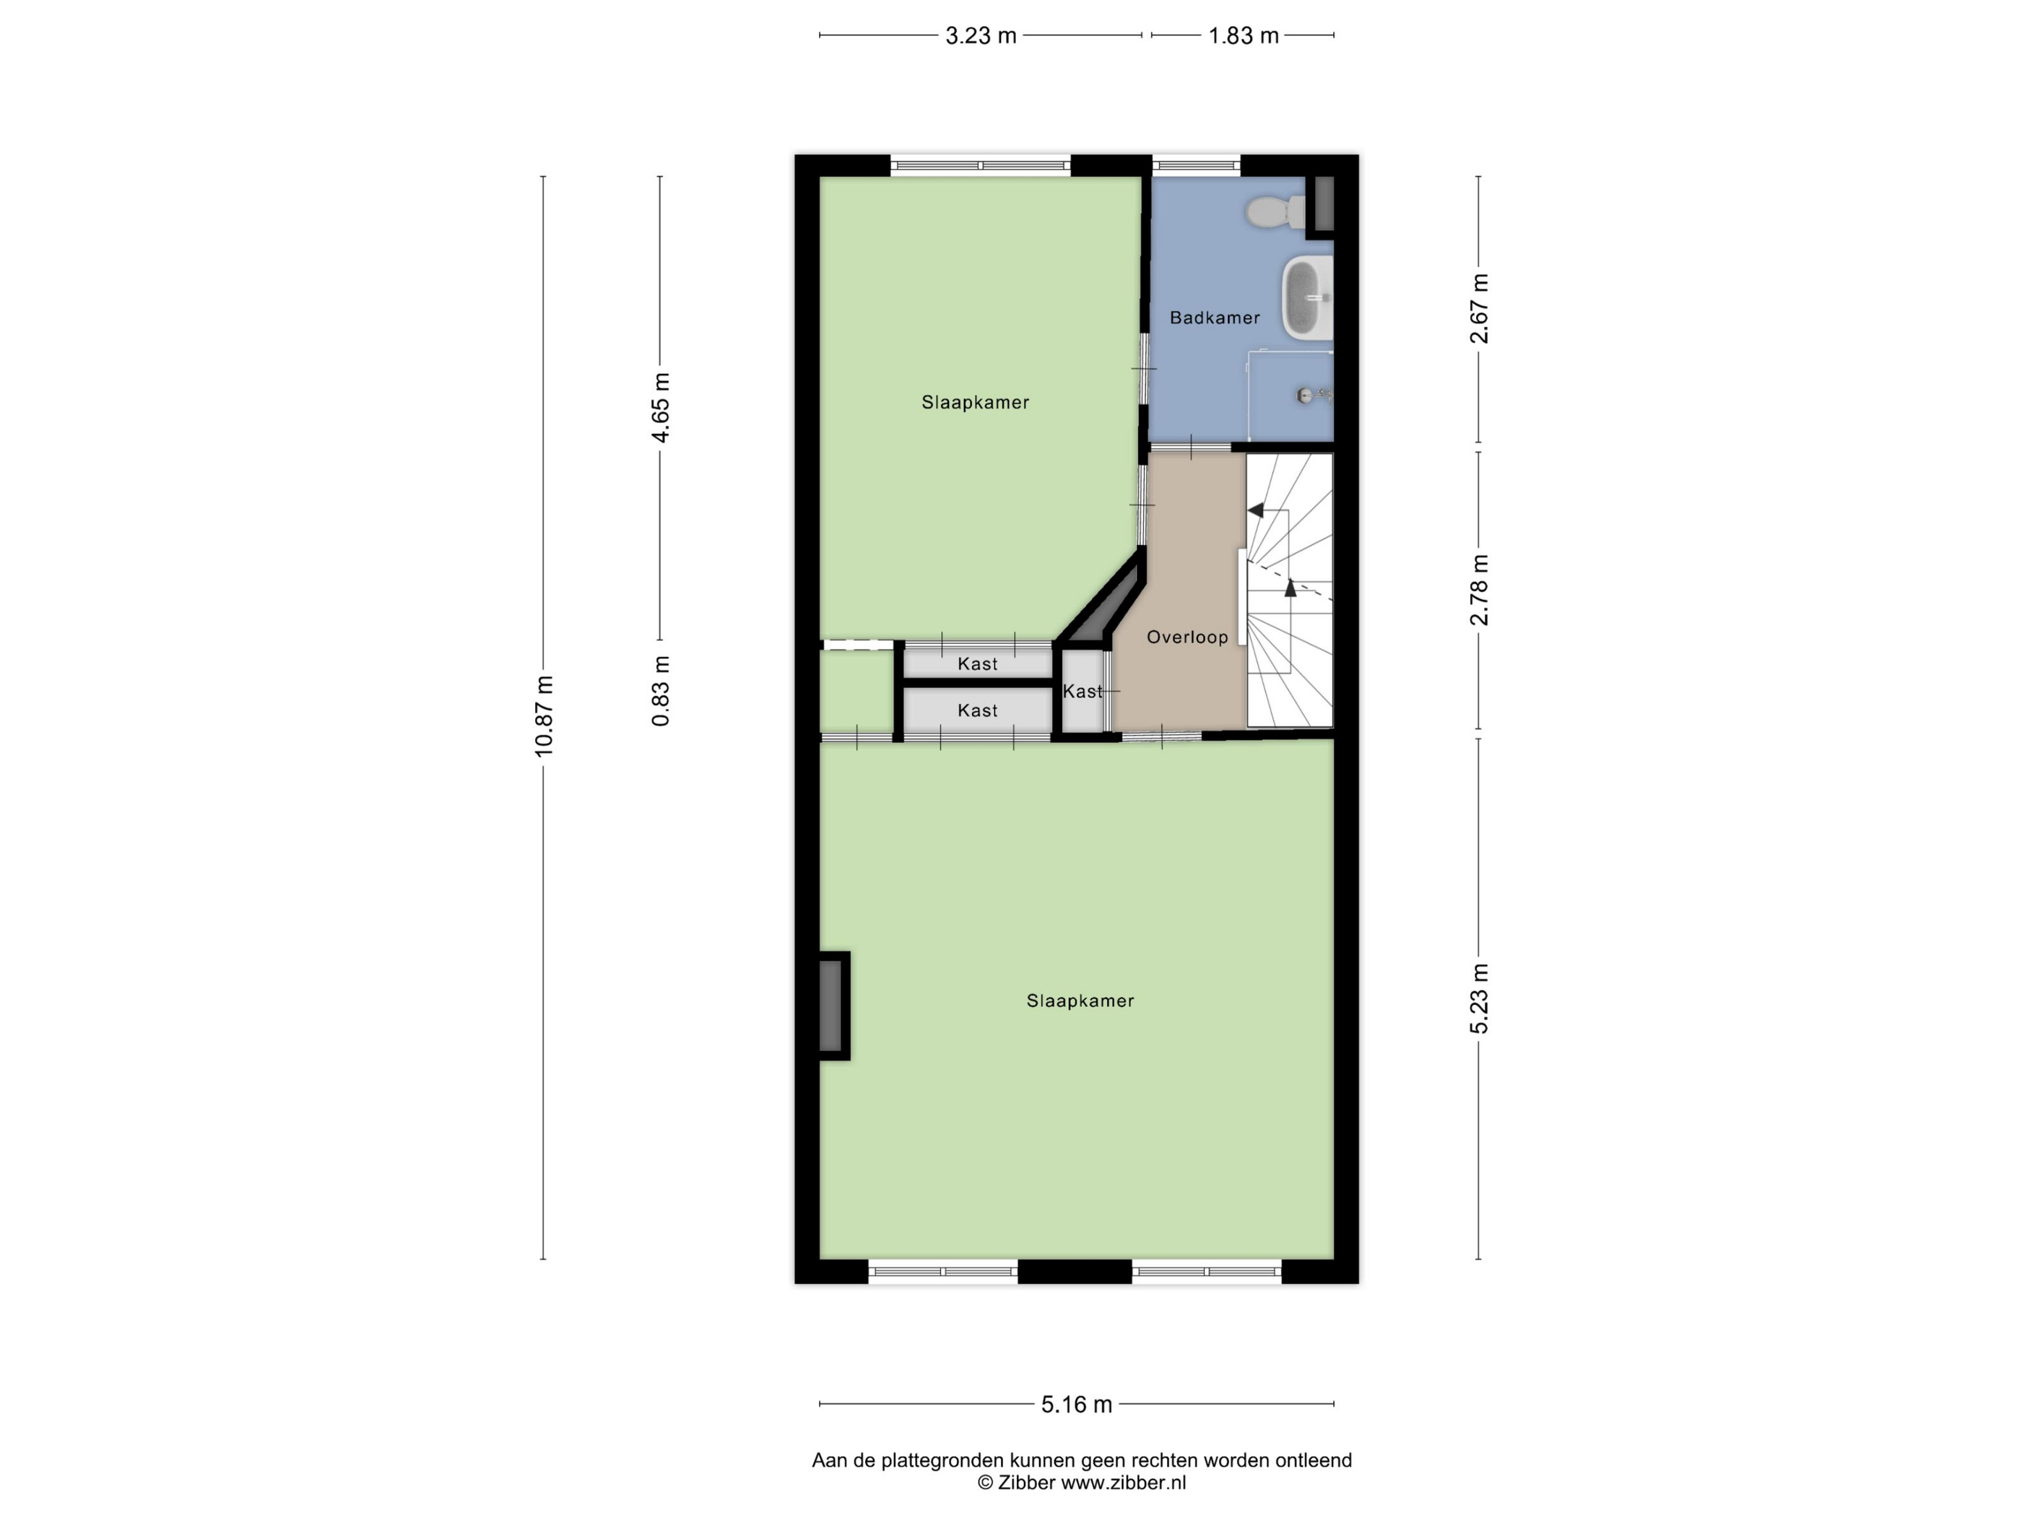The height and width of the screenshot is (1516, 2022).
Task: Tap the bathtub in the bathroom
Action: point(1307,298)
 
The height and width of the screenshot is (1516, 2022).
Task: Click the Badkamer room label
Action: point(1215,318)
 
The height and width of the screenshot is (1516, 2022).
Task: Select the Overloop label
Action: point(1187,637)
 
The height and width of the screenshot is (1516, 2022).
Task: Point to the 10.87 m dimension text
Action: point(544,716)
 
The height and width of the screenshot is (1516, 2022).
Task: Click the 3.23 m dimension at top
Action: point(981,35)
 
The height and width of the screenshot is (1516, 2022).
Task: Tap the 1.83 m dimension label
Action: point(1244,35)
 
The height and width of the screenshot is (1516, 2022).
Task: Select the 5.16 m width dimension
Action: point(1077,1405)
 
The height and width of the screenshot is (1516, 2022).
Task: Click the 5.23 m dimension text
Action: point(1479,999)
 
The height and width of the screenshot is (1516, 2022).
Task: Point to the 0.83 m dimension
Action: point(661,692)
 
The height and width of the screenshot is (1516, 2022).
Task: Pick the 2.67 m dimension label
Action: point(1479,309)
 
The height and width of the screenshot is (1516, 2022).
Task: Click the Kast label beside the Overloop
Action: point(1082,692)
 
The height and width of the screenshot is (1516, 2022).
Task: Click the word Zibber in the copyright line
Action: point(1027,1482)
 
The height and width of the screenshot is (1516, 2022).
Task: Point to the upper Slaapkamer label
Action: point(976,402)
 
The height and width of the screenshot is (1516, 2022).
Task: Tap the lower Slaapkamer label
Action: point(1080,1001)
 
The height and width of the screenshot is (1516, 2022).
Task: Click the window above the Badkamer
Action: point(1196,165)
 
